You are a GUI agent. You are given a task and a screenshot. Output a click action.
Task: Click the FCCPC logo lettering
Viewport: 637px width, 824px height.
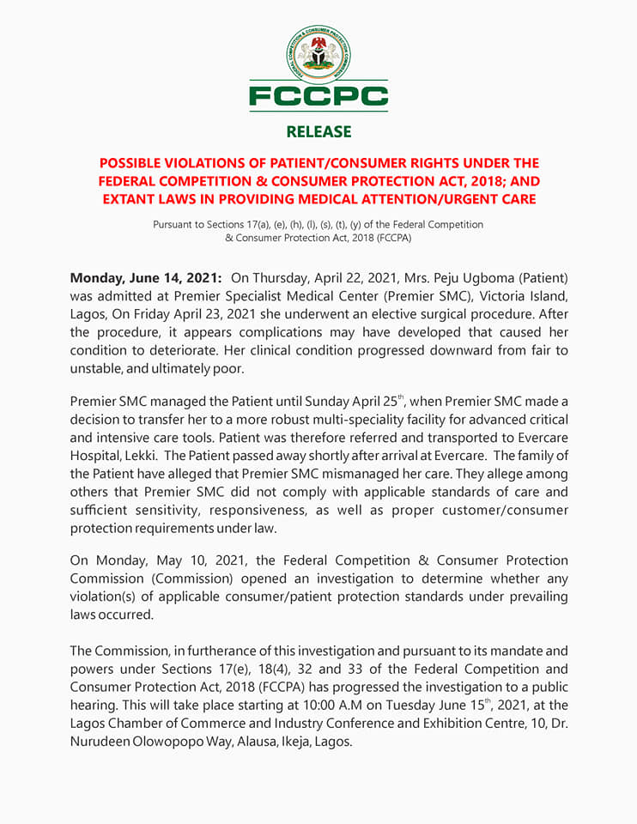[x=318, y=95]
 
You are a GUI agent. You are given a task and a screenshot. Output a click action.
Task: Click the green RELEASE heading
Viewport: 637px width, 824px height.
[x=318, y=131]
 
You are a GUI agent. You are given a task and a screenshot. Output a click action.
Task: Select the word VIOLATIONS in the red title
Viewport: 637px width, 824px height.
[x=216, y=163]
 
